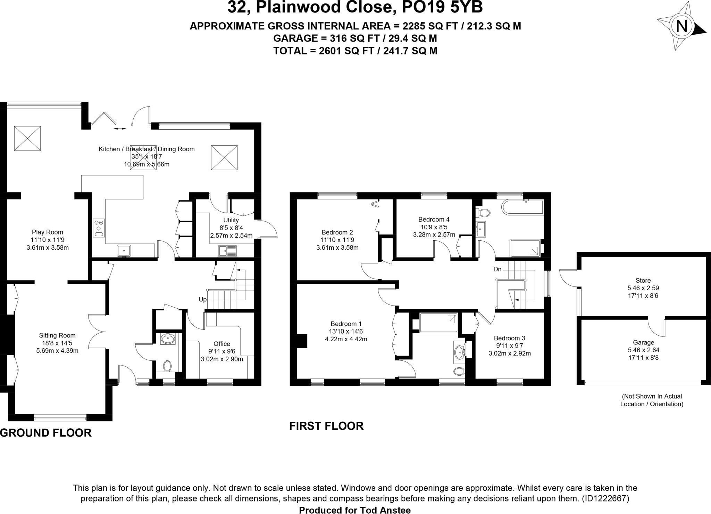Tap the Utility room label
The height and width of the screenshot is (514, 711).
(x=231, y=220)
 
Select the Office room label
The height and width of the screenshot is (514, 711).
(x=222, y=344)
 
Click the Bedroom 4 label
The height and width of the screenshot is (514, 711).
(x=434, y=219)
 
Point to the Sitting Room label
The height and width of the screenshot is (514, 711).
(x=57, y=335)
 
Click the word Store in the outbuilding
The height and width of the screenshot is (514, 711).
(x=643, y=281)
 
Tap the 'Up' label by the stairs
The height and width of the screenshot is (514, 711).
(x=203, y=299)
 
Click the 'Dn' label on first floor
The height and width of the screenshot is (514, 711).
(x=497, y=269)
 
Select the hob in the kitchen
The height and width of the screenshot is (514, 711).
(x=99, y=228)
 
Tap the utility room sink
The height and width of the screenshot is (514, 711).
(x=228, y=251)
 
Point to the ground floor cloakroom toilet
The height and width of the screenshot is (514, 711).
(x=168, y=366)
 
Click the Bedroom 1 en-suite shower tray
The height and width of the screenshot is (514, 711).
(x=438, y=323)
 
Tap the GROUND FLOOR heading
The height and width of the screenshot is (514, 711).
(x=46, y=433)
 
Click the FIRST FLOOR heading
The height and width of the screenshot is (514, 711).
(x=326, y=426)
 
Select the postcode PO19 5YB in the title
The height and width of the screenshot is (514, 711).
(x=442, y=7)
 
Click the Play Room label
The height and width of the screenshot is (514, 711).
(x=48, y=232)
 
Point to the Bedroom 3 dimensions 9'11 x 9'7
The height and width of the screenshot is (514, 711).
(x=510, y=346)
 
